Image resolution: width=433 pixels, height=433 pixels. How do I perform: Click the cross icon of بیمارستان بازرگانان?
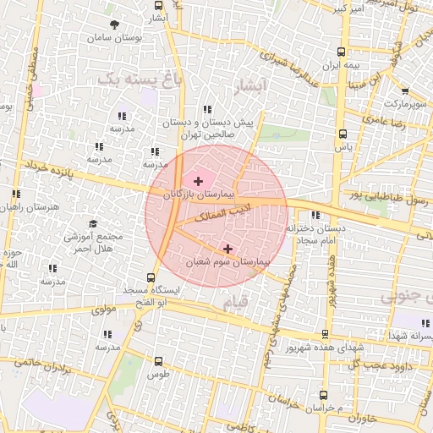199,181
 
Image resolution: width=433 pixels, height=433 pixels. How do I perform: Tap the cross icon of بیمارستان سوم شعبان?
228,249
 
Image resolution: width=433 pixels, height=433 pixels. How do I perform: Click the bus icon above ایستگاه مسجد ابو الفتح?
151,277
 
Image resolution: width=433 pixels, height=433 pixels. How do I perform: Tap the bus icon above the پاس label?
342,133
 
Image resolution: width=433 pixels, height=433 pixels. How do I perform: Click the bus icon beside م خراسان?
323,394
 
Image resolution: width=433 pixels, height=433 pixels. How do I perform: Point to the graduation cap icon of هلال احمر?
93,222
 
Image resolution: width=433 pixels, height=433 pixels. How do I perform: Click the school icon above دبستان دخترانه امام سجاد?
315,215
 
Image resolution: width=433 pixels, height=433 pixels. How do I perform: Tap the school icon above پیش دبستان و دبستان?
208,109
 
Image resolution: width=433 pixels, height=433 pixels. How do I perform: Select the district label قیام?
239,300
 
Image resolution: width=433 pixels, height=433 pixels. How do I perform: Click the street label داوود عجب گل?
384,364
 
